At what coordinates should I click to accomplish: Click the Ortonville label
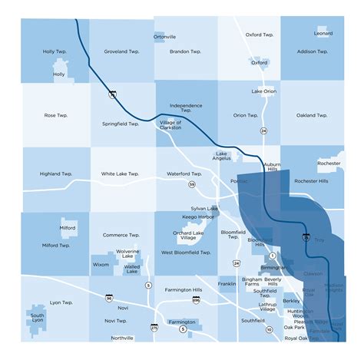(164, 36)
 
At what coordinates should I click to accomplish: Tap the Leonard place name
(323, 33)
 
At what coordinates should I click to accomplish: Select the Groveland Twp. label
(121, 51)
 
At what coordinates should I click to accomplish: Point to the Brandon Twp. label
(184, 51)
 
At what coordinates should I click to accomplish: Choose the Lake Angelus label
(223, 157)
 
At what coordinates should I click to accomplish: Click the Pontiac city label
(239, 181)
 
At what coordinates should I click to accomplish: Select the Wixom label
(101, 264)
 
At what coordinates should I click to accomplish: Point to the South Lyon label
(37, 318)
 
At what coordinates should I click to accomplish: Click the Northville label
(121, 338)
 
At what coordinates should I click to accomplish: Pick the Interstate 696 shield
(196, 301)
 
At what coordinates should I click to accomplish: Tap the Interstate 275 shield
(154, 328)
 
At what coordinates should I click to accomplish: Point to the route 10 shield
(269, 329)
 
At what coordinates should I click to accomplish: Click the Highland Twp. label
(55, 174)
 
